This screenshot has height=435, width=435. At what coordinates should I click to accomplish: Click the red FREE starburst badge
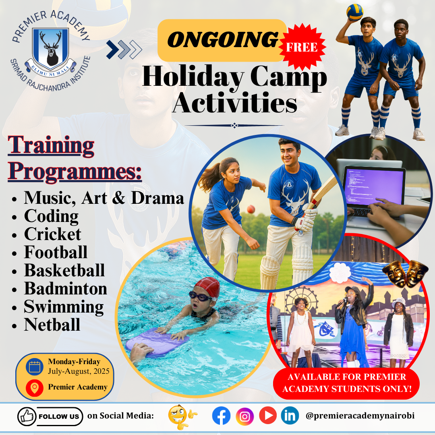click(302, 47)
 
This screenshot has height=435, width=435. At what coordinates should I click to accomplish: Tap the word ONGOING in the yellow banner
click(223, 39)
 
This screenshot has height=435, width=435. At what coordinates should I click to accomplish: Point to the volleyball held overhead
click(355, 12)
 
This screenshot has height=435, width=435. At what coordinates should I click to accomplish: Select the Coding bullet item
click(51, 216)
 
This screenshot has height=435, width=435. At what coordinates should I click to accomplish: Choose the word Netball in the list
click(52, 325)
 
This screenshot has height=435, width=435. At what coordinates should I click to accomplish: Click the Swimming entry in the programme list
click(64, 307)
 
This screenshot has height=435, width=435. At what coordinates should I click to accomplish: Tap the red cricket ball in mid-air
click(251, 209)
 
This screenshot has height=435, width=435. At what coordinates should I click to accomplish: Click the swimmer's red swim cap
click(207, 288)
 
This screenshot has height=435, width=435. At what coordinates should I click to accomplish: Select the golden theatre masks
click(405, 273)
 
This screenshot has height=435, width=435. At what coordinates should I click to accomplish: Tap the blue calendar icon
click(35, 367)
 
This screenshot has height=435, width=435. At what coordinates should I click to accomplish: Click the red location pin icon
click(35, 387)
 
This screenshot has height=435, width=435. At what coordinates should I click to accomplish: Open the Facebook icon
click(221, 416)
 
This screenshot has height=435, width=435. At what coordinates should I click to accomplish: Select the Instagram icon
click(245, 416)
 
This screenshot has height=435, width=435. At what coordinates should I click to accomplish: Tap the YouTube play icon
click(268, 415)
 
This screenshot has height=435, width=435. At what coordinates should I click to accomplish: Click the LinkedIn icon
click(290, 416)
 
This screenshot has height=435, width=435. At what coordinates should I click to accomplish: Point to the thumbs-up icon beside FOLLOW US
click(27, 416)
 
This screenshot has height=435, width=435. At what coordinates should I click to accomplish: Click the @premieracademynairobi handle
click(360, 416)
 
